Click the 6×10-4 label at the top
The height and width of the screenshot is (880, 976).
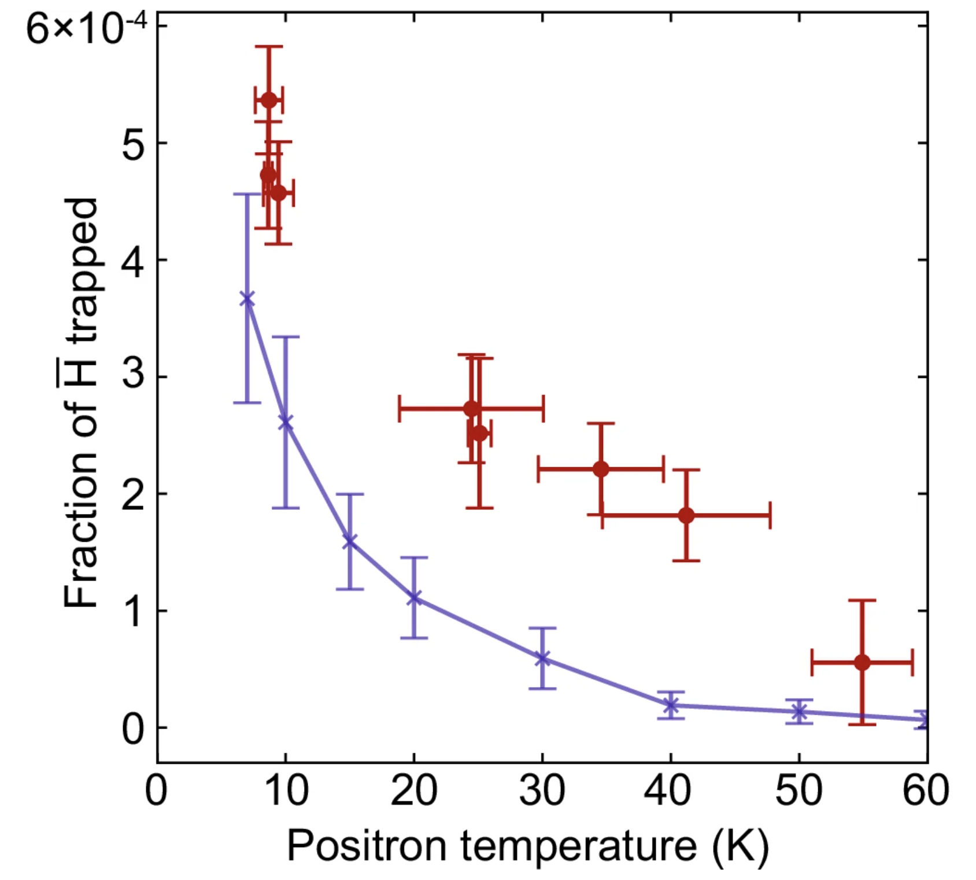click(79, 29)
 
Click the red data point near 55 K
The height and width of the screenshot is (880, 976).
click(862, 663)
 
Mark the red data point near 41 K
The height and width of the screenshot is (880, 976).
click(686, 515)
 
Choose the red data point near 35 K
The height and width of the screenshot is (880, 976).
click(601, 469)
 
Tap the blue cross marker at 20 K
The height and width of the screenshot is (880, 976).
click(414, 598)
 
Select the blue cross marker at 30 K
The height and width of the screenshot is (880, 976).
click(542, 658)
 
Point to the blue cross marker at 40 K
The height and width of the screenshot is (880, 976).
click(671, 705)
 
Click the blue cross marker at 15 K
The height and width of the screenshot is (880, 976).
click(350, 542)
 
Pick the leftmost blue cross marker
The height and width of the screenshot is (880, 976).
click(247, 299)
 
